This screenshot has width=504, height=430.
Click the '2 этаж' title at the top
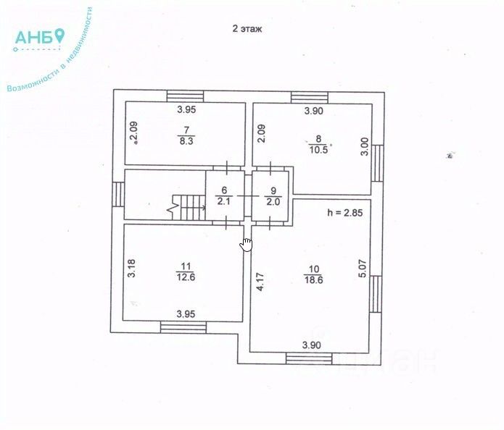[x=247, y=30]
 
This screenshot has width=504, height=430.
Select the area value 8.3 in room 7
[x=186, y=141]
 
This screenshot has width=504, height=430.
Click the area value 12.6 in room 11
[x=185, y=276]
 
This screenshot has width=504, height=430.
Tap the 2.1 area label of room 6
[x=225, y=201]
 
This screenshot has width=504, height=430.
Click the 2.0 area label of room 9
[x=273, y=201]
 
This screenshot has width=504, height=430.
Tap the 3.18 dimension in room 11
[x=131, y=269]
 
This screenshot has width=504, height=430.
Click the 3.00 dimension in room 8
[x=365, y=148]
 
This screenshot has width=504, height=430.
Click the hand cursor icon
[x=247, y=244]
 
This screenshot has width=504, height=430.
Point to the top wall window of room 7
[x=185, y=96]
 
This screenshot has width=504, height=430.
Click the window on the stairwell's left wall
[x=118, y=193]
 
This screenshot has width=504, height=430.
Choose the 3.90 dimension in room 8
[x=313, y=111]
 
